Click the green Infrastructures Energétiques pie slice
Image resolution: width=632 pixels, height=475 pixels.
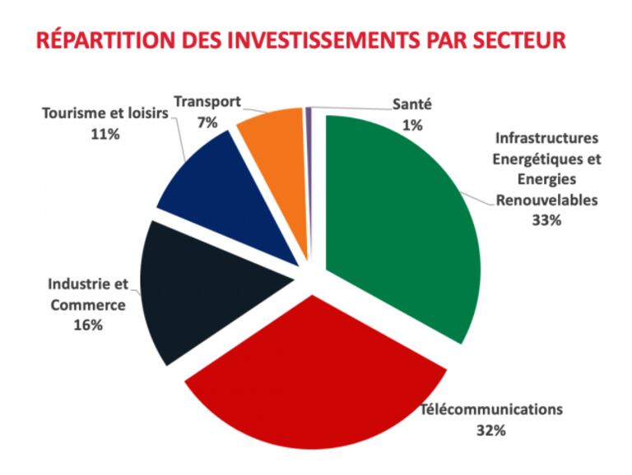point(399,222)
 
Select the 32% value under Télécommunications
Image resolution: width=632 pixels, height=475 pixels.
point(490,428)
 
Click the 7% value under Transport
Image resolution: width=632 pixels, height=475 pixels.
point(207,122)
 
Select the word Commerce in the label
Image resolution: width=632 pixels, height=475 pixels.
point(87,305)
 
